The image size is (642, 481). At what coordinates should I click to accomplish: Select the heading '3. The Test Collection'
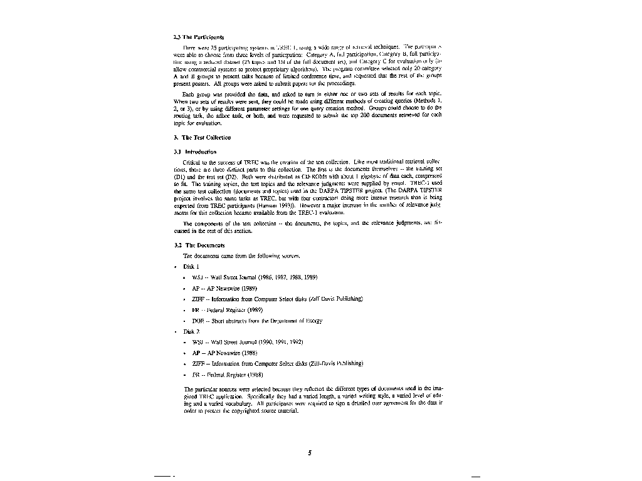click(203, 137)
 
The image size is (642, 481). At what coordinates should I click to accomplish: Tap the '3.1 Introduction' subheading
click(195, 152)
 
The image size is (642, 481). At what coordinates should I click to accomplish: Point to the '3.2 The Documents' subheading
click(199, 245)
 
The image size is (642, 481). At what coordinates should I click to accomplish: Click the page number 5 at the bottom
click(310, 453)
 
